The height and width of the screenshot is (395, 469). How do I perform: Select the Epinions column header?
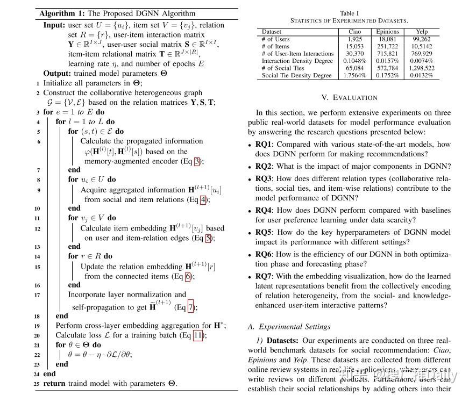pos(387,32)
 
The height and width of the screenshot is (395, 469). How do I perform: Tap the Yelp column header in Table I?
pos(423,32)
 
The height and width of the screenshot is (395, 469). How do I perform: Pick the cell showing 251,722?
pos(387,46)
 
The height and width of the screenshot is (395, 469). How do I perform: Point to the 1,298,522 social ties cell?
pos(422,68)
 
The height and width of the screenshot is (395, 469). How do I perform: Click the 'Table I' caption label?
pos(349,13)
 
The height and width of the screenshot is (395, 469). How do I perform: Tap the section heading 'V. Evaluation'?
pos(349,98)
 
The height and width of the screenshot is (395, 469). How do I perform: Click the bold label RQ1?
pos(264,145)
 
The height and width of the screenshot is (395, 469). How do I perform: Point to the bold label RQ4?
pos(264,211)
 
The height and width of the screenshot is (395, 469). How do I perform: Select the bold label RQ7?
pos(264,277)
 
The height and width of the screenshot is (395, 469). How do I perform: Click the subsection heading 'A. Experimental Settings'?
pos(289,327)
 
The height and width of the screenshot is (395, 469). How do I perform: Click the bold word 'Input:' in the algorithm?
pos(54,25)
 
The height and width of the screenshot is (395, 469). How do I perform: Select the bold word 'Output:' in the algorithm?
pos(57,74)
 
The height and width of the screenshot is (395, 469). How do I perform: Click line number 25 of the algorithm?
pos(36,384)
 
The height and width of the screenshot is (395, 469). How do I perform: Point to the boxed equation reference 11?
pos(198,335)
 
